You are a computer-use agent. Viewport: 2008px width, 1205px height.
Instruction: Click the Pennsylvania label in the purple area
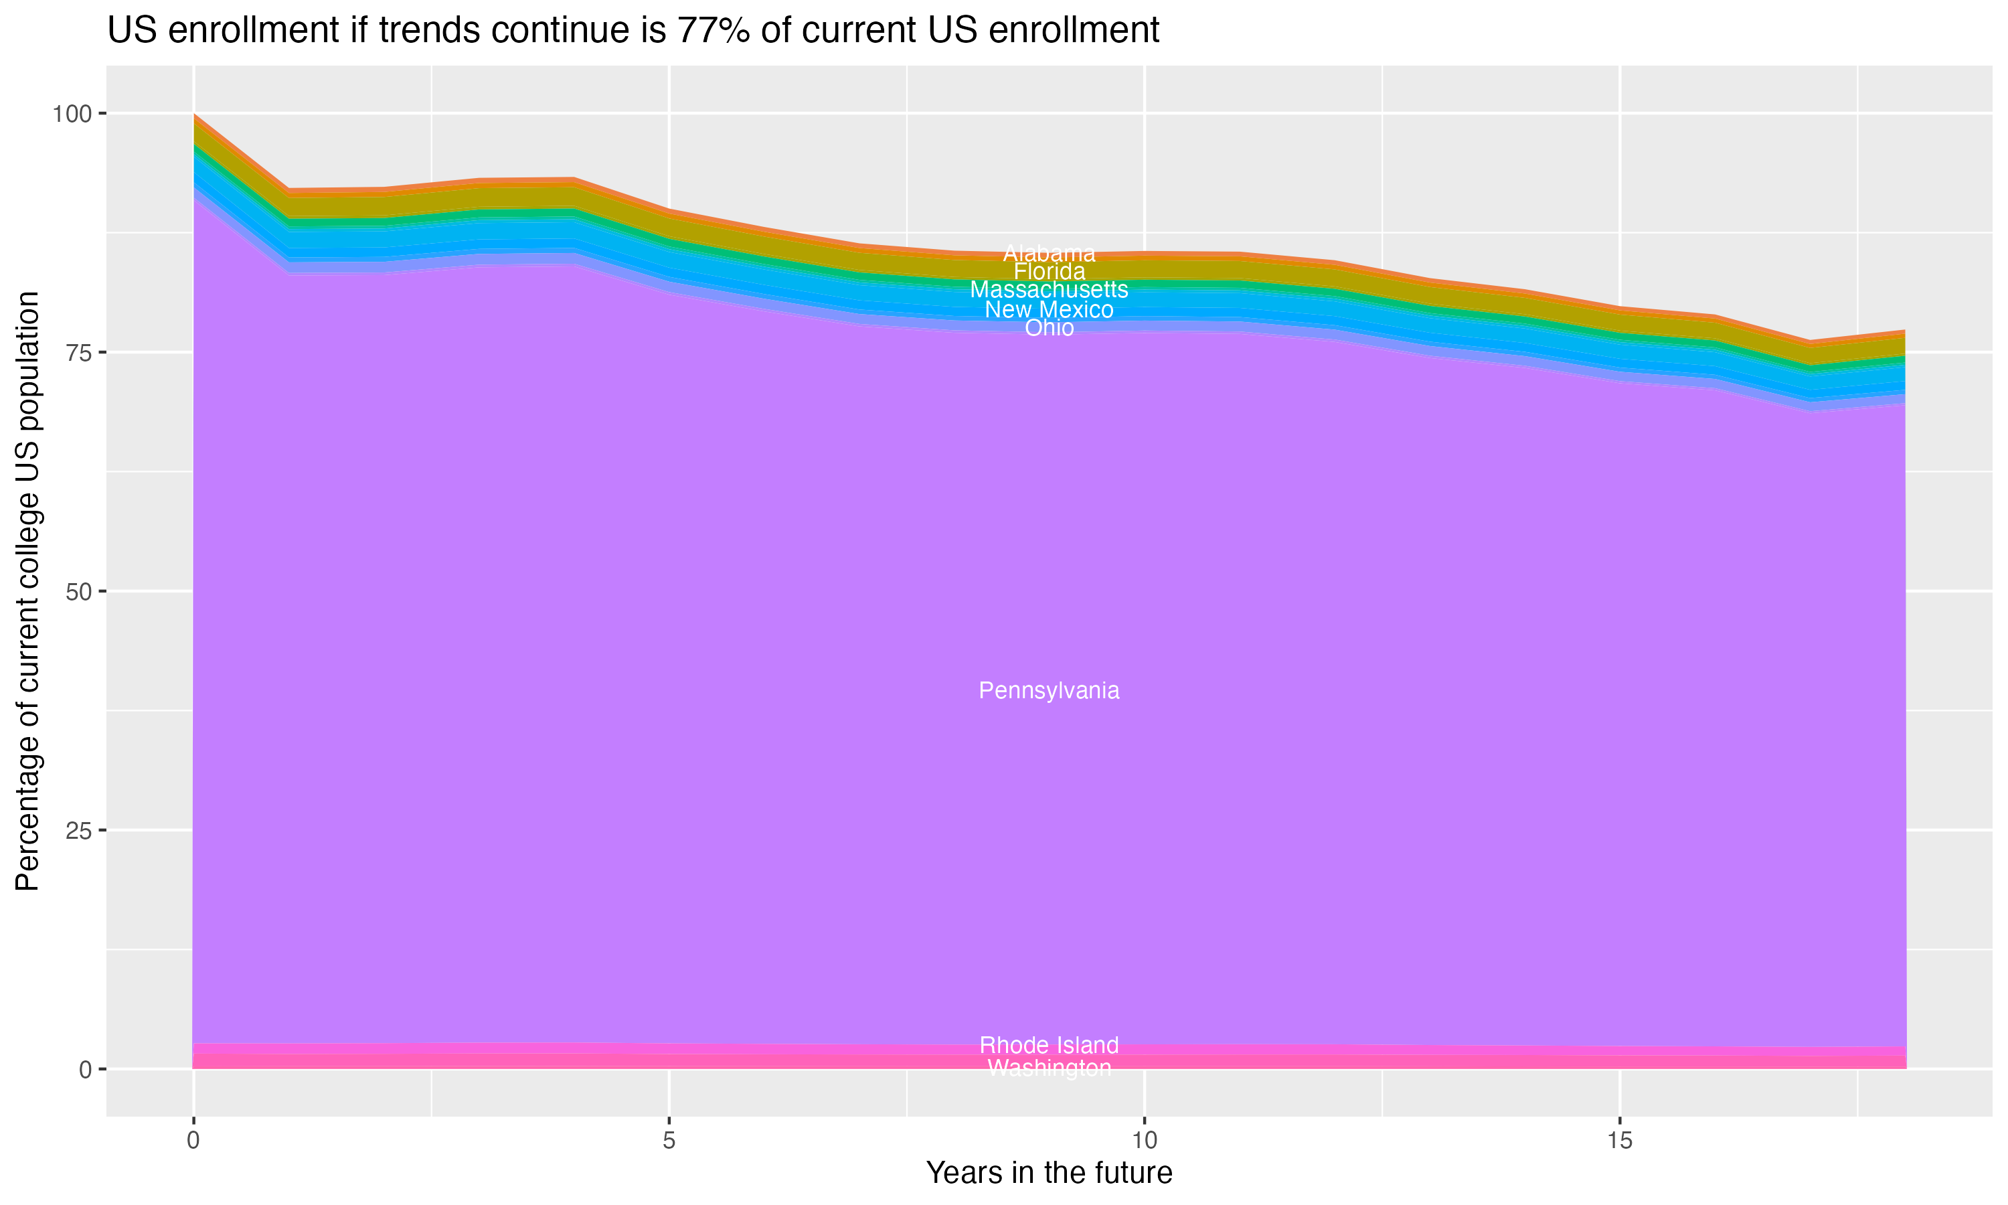coord(1049,691)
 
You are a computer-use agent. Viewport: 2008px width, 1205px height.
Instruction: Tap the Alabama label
coord(1049,253)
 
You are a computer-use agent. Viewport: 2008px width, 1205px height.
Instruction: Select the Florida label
coord(1049,271)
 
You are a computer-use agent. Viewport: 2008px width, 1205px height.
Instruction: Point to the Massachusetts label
coord(1049,290)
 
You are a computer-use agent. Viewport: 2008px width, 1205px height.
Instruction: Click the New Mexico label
coord(1049,309)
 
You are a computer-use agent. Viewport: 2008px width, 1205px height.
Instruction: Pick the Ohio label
coord(1049,328)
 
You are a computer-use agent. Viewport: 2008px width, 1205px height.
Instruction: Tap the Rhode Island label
coord(1049,1045)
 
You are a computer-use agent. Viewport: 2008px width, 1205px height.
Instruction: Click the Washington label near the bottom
coord(1049,1068)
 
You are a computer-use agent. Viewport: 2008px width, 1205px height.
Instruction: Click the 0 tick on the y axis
coord(85,1069)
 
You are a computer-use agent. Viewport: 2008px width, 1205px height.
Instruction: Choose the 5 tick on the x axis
coord(669,1141)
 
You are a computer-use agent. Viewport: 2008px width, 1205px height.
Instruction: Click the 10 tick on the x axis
coord(1145,1141)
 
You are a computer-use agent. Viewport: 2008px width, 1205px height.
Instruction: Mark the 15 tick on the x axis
coord(1620,1141)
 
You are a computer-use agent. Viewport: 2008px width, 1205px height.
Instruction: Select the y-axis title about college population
coord(27,591)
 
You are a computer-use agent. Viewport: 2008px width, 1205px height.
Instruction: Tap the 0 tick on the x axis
coord(193,1141)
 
